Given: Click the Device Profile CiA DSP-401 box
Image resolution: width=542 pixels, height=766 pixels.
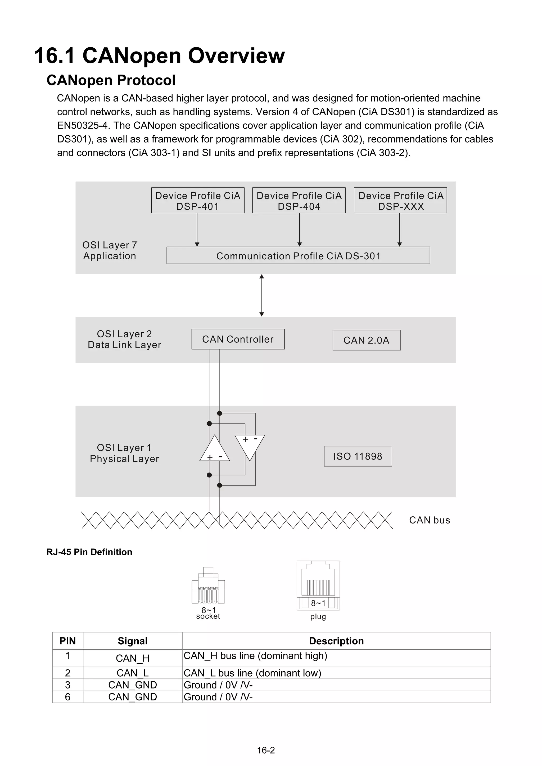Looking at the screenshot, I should (198, 200).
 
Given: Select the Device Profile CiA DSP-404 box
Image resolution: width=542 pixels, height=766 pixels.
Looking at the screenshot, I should (299, 200).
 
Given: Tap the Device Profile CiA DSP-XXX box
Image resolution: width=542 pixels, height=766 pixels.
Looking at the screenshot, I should (400, 200).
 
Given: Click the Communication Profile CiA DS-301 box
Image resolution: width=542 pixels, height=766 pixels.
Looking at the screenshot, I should (298, 256).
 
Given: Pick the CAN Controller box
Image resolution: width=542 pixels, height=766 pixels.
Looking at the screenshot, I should (238, 339).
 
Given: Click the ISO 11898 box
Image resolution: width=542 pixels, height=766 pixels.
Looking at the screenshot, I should (358, 456).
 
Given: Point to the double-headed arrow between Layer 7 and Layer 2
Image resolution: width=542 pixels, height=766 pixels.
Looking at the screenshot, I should (262, 295).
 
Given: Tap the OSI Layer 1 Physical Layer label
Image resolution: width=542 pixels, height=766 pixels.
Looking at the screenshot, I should (124, 453).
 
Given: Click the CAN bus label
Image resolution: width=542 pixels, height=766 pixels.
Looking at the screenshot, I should (430, 520).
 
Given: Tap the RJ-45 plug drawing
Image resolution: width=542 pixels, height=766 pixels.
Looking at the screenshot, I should (318, 585).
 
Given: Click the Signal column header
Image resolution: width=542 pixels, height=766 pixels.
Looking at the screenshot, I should (133, 641).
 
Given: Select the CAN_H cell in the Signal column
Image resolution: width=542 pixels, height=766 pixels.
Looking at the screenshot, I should (133, 658).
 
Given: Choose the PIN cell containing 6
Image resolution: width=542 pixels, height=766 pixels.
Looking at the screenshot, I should (67, 697).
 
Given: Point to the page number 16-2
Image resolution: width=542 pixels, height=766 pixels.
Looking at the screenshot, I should (266, 750).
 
